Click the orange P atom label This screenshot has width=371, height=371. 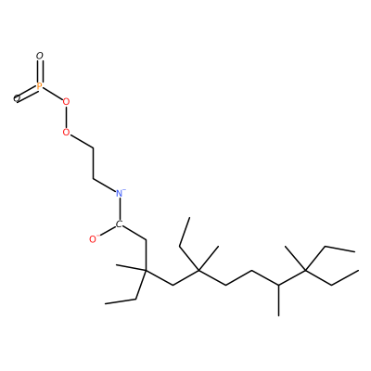click(x=39, y=86)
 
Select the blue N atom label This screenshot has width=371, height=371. click(x=120, y=194)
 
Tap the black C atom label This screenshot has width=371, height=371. click(x=119, y=224)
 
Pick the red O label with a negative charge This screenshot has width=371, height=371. click(x=93, y=239)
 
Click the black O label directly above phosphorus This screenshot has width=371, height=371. click(x=39, y=56)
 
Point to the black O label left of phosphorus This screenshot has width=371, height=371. click(x=17, y=98)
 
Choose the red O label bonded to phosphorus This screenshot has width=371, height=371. click(x=66, y=102)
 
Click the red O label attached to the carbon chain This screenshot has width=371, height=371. click(x=66, y=133)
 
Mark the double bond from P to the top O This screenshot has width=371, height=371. click(x=39, y=71)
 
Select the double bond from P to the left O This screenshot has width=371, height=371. click(x=28, y=93)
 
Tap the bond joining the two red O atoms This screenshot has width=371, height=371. click(x=66, y=117)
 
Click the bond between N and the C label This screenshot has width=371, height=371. click(x=120, y=210)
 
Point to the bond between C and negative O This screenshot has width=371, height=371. click(x=107, y=232)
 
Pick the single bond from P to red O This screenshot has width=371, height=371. click(x=52, y=94)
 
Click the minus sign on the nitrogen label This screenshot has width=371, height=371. click(x=124, y=189)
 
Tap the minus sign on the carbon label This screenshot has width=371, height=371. click(x=121, y=222)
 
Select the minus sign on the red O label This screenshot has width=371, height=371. click(x=97, y=236)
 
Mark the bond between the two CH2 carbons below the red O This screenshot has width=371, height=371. click(x=93, y=163)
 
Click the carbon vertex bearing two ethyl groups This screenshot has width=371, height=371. click(x=305, y=271)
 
